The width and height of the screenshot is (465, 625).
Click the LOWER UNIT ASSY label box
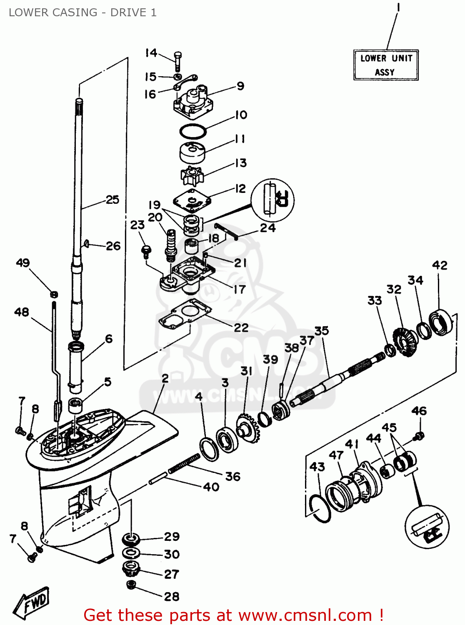tap(385, 65)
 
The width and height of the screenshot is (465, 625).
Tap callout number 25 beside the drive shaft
tap(112, 200)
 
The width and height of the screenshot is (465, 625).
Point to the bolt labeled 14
tap(178, 61)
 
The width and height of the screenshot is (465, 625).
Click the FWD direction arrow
tap(32, 602)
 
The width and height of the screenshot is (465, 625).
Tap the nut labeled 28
tap(131, 584)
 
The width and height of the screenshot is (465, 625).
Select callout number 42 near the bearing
tap(440, 265)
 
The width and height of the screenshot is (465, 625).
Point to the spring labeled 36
tap(184, 464)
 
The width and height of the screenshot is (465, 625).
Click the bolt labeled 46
tap(419, 436)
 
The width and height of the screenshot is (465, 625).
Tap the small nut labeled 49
tap(54, 294)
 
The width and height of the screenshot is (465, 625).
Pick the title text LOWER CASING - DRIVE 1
tap(82, 12)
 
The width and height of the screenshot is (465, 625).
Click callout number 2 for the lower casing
tap(165, 378)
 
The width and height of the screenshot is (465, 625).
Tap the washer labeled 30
tap(131, 554)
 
